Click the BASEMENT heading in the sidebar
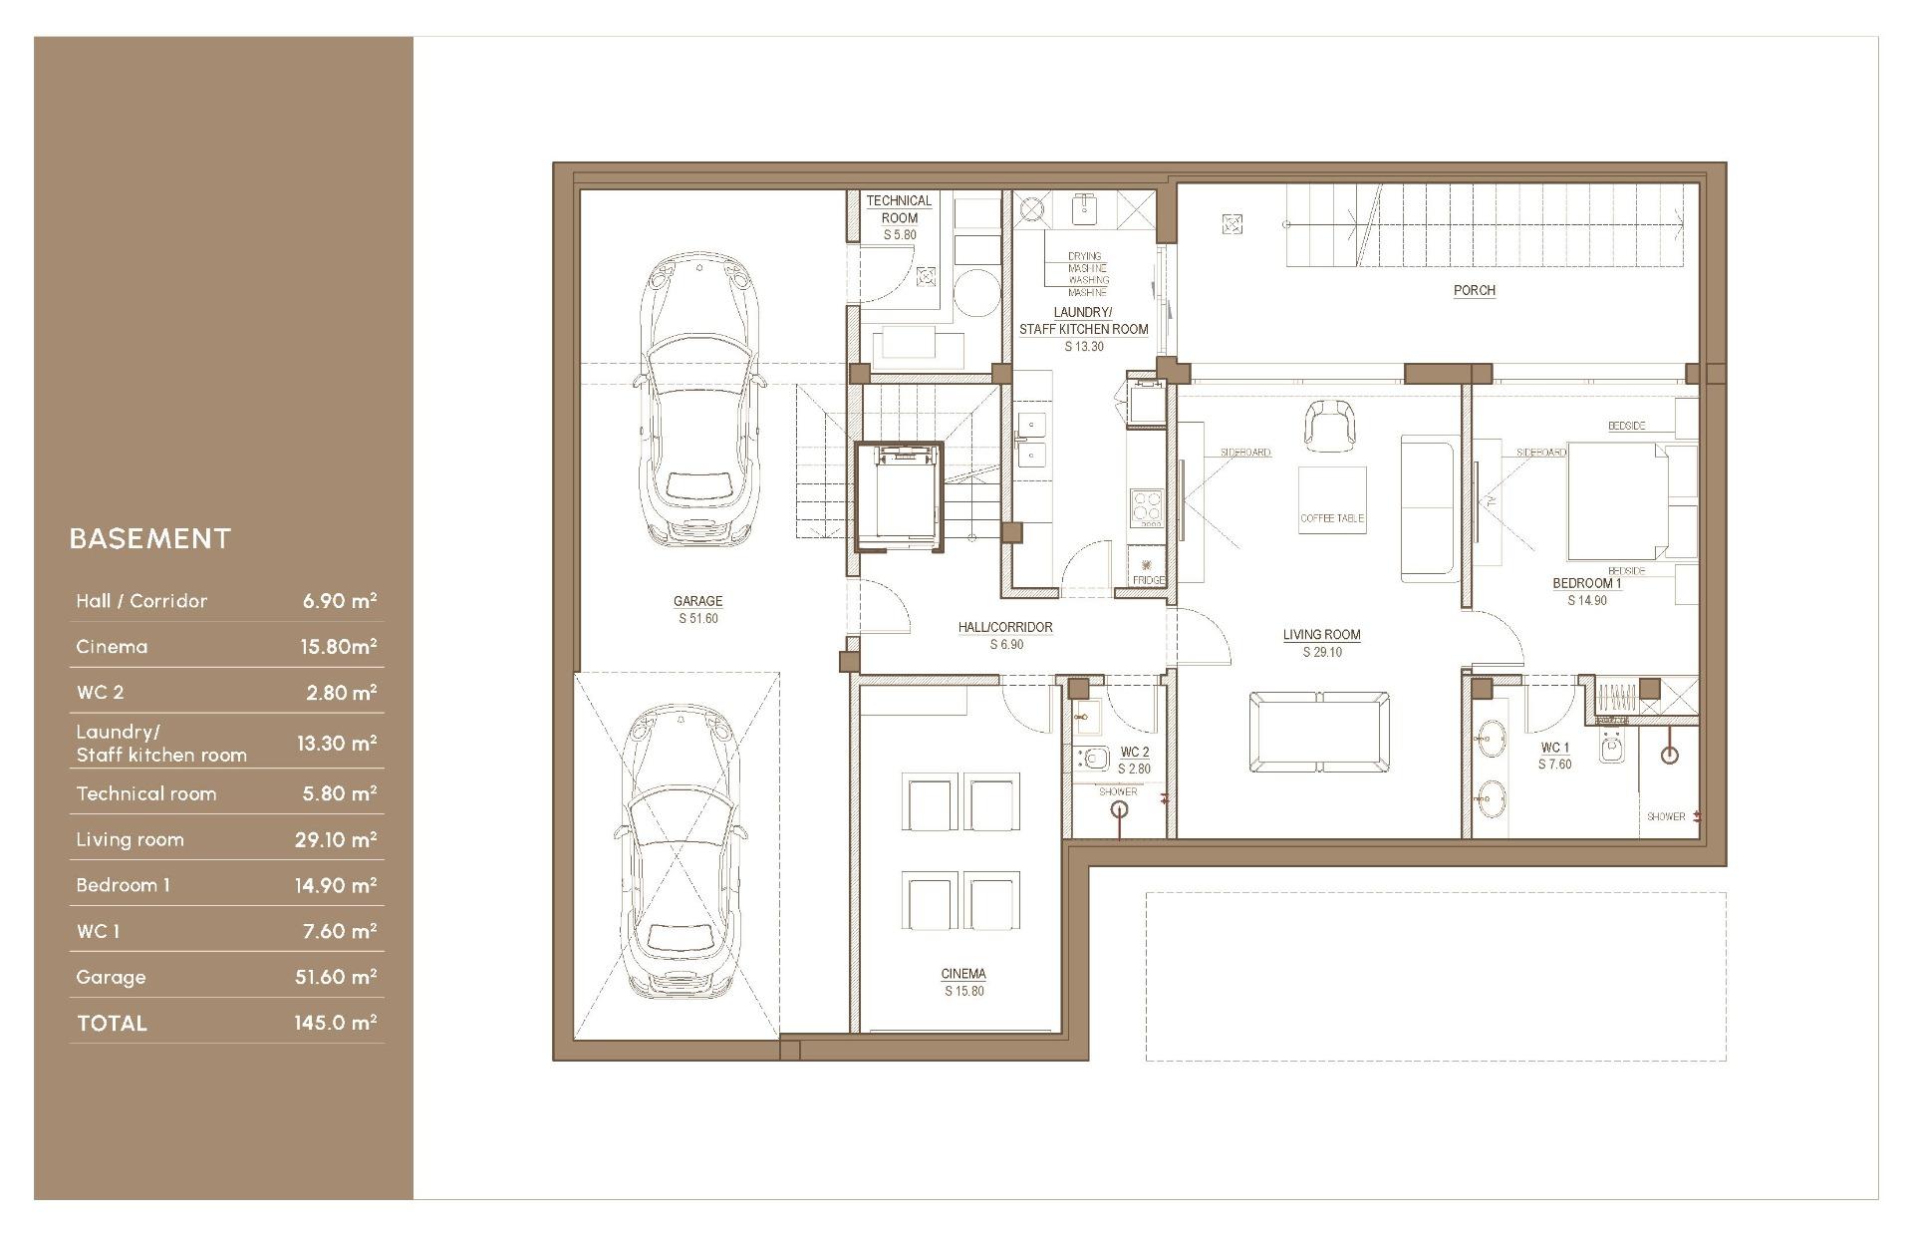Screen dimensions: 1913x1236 pos(150,539)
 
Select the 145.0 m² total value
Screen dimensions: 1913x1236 pos(336,1023)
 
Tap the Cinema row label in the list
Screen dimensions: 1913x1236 pos(112,647)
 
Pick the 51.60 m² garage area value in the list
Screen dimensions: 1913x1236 pos(336,977)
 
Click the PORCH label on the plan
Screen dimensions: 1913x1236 pos(1475,291)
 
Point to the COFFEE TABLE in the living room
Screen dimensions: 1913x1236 pos(1332,500)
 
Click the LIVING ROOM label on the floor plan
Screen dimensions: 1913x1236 pos(1322,635)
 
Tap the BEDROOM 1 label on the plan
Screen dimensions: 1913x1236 pos(1587,584)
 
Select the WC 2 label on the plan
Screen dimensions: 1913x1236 pos(1135,753)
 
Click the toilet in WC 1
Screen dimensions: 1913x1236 pos(1612,747)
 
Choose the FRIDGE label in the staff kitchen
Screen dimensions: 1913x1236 pos(1148,580)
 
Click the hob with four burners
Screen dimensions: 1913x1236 pos(1147,506)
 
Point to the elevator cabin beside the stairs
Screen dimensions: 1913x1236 pos(899,495)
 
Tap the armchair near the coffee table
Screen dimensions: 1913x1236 pos(1329,423)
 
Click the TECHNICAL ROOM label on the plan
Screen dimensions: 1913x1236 pos(900,209)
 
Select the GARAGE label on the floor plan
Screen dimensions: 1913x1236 pos(697,601)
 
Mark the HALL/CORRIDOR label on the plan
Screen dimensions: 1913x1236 pos(1005,628)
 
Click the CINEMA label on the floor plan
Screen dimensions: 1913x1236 pos(963,974)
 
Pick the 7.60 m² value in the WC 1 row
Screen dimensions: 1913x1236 pos(340,931)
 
